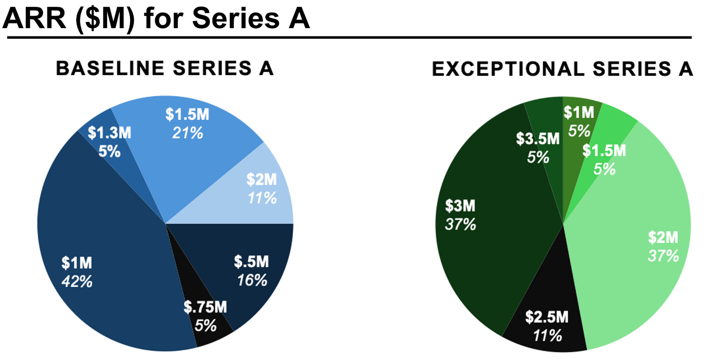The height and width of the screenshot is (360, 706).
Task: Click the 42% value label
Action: pos(77,281)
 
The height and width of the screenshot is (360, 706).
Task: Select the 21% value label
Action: pos(188,133)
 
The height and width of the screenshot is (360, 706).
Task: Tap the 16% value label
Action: pos(252,280)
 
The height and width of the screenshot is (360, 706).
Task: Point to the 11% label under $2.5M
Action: pos(547,335)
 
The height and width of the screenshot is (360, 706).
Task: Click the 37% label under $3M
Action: pos(461,225)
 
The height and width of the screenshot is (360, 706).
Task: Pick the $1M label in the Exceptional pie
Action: pos(579,113)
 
